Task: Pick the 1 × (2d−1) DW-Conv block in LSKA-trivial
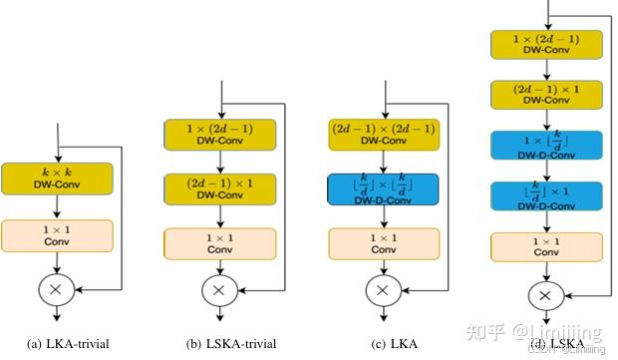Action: click(219, 134)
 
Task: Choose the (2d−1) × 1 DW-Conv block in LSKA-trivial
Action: click(219, 187)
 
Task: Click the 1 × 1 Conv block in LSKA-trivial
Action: click(219, 244)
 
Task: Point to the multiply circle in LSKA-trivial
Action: click(220, 290)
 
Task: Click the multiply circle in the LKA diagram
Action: click(378, 290)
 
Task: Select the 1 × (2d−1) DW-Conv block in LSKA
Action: click(545, 45)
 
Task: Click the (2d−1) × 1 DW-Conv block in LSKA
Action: click(545, 96)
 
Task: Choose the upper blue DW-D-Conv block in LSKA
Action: click(545, 147)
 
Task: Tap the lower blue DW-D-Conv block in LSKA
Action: click(545, 196)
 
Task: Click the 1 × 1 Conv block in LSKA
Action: click(545, 246)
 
